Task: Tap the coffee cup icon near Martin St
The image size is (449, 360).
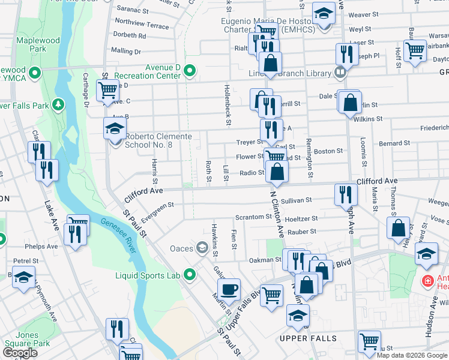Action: pos(228,290)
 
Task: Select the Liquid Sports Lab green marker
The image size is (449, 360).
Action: pos(190,275)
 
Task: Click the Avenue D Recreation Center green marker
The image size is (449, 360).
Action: pos(190,71)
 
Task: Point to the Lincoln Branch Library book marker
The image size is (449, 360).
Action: pos(340,73)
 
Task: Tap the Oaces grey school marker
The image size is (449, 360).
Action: pos(202,247)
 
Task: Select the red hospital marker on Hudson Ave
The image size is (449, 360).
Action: pos(427,280)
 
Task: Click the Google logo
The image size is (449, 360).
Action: pos(20,353)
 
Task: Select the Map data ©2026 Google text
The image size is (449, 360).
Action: pos(412,355)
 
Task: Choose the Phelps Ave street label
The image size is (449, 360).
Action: pos(44,246)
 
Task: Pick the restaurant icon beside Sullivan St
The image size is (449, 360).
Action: pos(346,193)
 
